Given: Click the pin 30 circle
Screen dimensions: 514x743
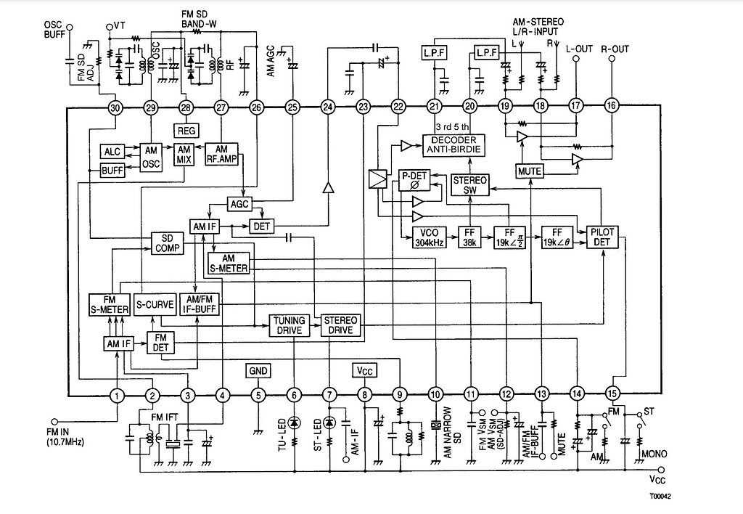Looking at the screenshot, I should tap(115, 107).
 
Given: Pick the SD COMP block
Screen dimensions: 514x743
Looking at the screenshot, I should tap(166, 243).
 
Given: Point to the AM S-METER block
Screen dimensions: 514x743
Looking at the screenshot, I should tap(229, 264).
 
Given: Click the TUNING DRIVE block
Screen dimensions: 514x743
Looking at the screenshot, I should tap(288, 325).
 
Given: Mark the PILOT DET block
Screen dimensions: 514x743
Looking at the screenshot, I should tap(602, 237).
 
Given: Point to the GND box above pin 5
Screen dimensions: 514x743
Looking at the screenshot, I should tap(258, 370).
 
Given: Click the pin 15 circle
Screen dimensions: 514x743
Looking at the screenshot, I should tap(613, 396).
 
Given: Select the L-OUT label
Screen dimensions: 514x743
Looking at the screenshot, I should tap(579, 49).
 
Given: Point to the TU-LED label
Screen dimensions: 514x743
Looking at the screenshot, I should tap(283, 436).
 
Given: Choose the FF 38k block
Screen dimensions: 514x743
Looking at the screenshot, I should tap(469, 237).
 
